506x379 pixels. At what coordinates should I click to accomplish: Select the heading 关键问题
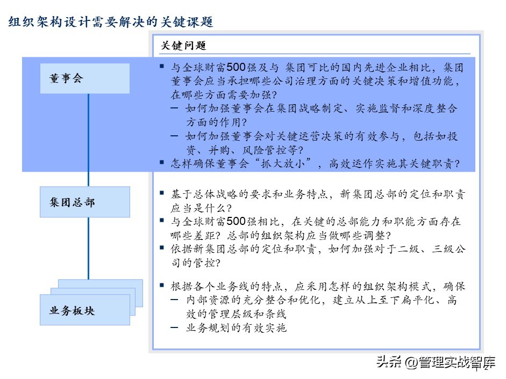pyautogui.click(x=183, y=46)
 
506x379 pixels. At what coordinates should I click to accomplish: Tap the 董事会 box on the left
pyautogui.click(x=84, y=78)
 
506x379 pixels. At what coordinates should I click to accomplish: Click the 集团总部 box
pyautogui.click(x=84, y=202)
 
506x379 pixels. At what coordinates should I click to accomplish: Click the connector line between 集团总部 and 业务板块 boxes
pyautogui.click(x=88, y=248)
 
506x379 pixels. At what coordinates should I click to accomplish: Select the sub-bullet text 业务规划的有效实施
pyautogui.click(x=236, y=327)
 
